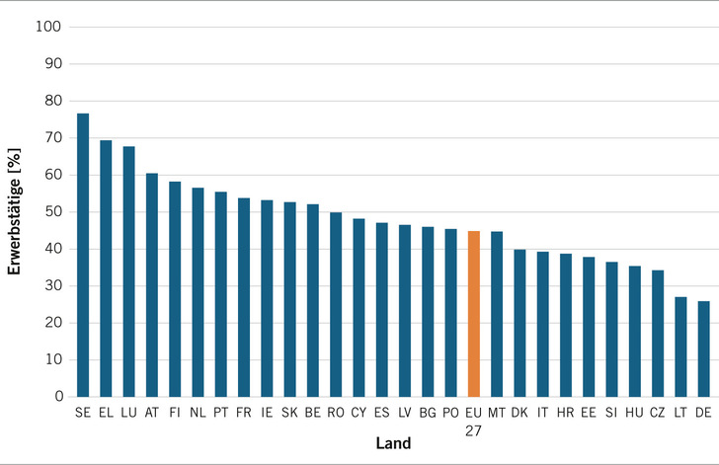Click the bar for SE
(83, 255)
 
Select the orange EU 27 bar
(474, 314)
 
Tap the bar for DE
(703, 349)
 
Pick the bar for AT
(152, 285)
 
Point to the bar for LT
(680, 348)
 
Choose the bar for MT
(497, 314)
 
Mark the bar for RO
(336, 304)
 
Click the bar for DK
(519, 323)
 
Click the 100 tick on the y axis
(48, 27)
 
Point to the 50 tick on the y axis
(53, 212)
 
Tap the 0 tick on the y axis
(59, 396)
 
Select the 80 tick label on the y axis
(53, 101)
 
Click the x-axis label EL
(106, 413)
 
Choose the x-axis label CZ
(657, 413)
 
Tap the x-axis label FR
(244, 413)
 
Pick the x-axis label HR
(565, 413)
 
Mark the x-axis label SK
(289, 413)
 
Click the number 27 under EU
(473, 431)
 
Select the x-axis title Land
(393, 443)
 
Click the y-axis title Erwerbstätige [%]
(14, 211)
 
